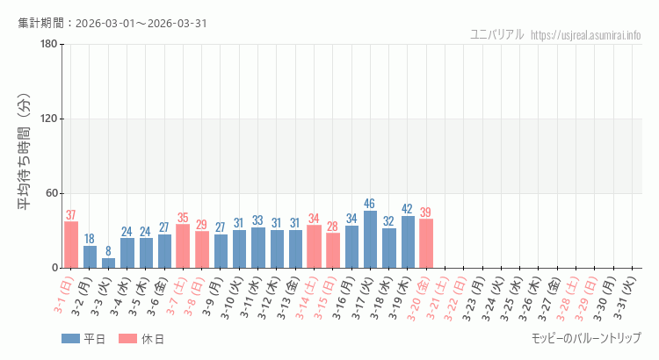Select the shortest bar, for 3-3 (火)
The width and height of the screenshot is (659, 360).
click(x=108, y=263)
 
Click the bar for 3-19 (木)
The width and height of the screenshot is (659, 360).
click(x=408, y=241)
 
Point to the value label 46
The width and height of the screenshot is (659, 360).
click(x=370, y=204)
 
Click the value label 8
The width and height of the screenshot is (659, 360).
click(x=108, y=251)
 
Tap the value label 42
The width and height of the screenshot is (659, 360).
click(x=408, y=209)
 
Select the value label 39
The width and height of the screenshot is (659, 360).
click(x=426, y=212)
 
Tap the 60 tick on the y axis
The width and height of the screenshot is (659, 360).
click(x=50, y=193)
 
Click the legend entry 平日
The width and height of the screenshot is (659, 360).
click(x=83, y=339)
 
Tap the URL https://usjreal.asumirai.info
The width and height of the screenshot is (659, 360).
click(x=587, y=35)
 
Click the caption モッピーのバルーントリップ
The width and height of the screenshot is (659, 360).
click(x=586, y=338)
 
